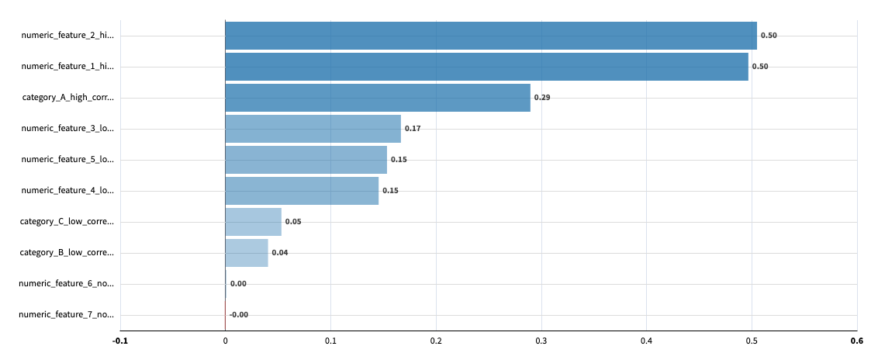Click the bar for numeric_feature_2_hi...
[490, 36]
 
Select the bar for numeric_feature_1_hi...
[486, 67]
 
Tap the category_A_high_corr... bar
[378, 98]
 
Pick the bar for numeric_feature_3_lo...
[313, 129]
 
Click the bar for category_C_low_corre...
[253, 222]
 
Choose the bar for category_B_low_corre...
[247, 253]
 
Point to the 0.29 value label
[541, 98]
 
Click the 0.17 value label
[413, 129]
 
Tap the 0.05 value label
[293, 222]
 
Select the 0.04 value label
[279, 253]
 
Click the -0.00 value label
[239, 315]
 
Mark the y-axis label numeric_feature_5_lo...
[67, 160]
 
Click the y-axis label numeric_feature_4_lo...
[67, 191]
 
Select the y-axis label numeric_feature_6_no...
[66, 284]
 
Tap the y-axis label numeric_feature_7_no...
[66, 315]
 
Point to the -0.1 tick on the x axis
[119, 341]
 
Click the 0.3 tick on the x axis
[541, 341]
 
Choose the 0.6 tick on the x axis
[856, 341]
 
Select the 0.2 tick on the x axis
[436, 341]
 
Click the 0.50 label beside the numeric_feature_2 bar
[769, 36]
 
